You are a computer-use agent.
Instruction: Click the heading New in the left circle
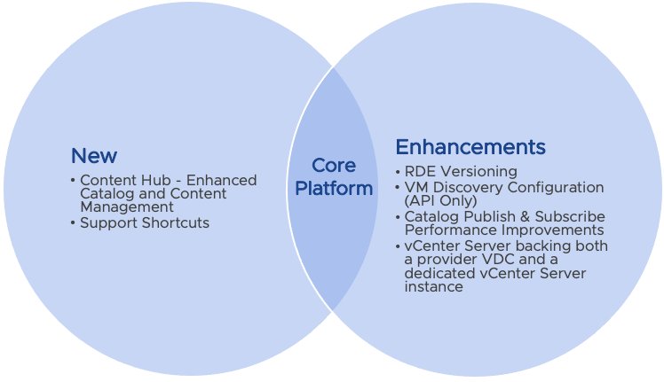coord(94,157)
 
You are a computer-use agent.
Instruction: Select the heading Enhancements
coord(470,146)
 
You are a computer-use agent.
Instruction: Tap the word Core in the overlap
coord(334,166)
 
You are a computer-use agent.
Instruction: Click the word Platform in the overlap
coord(334,188)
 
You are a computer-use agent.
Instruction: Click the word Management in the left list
coord(126,207)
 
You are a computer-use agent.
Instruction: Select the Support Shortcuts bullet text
coord(145,222)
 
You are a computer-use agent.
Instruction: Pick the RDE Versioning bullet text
coord(460,172)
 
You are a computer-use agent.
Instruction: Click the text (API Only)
coord(440,200)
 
